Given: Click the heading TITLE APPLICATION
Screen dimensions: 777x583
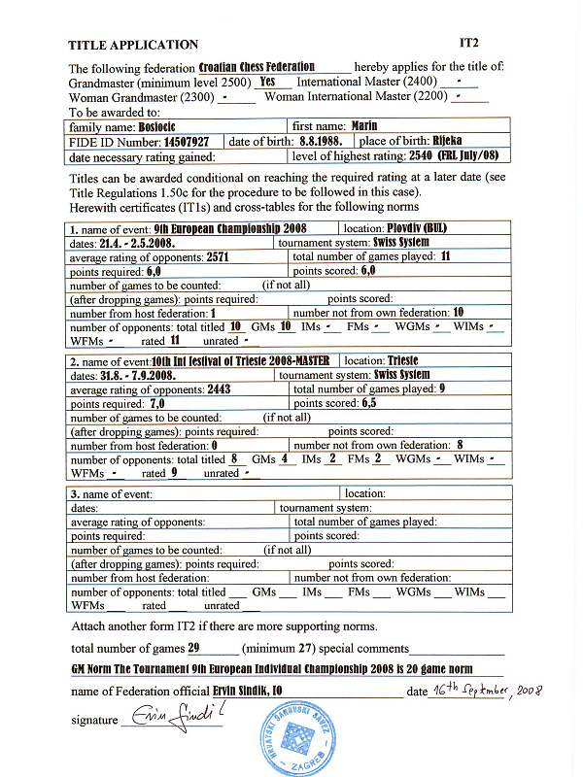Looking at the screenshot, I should [x=133, y=45].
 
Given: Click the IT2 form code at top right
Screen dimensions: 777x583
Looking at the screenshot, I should [x=470, y=44].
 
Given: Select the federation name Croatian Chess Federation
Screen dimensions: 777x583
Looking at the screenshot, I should [x=257, y=68].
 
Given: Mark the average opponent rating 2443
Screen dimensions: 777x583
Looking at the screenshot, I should [x=219, y=388].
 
